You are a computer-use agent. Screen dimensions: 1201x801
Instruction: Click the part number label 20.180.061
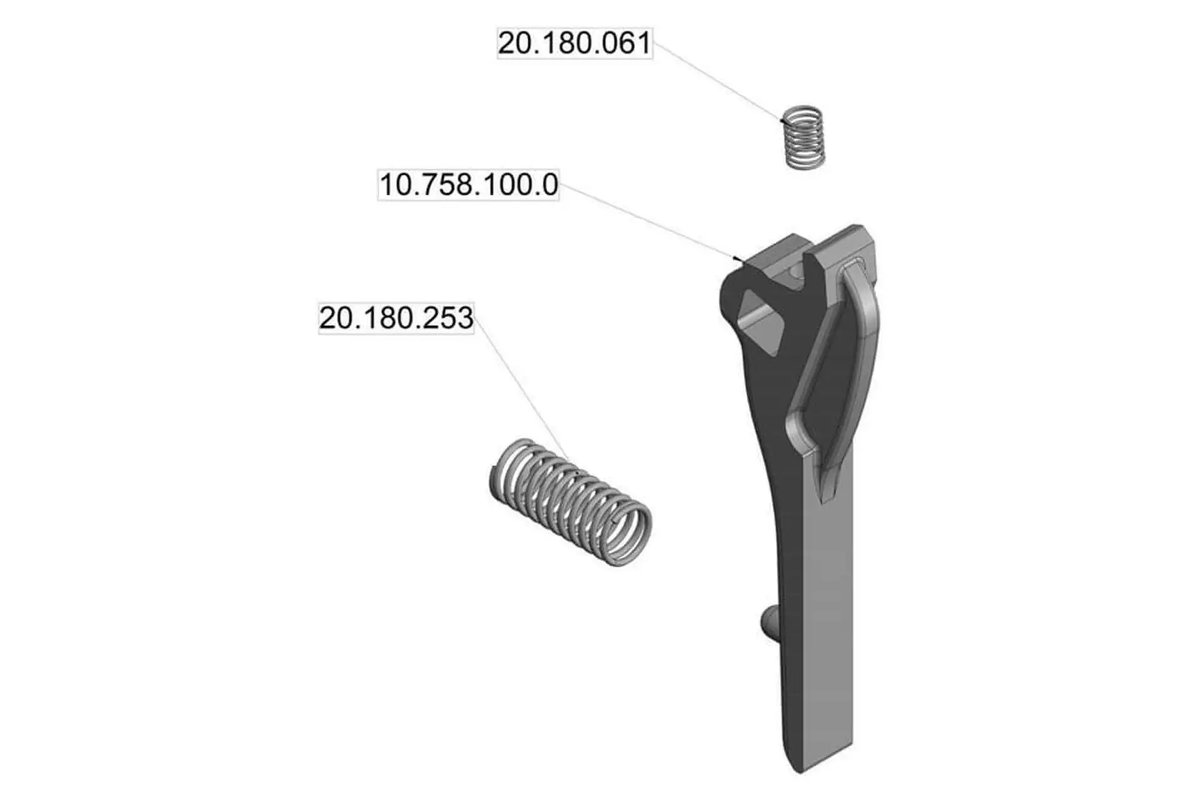pyautogui.click(x=575, y=43)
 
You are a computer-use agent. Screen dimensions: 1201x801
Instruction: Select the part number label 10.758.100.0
pyautogui.click(x=469, y=185)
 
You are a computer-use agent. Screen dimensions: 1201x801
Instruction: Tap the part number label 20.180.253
pyautogui.click(x=396, y=318)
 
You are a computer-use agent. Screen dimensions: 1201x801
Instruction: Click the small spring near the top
pyautogui.click(x=804, y=137)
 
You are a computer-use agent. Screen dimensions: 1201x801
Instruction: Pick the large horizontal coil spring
pyautogui.click(x=570, y=503)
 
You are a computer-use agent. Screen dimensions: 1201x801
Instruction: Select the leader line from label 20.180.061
pyautogui.click(x=717, y=81)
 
